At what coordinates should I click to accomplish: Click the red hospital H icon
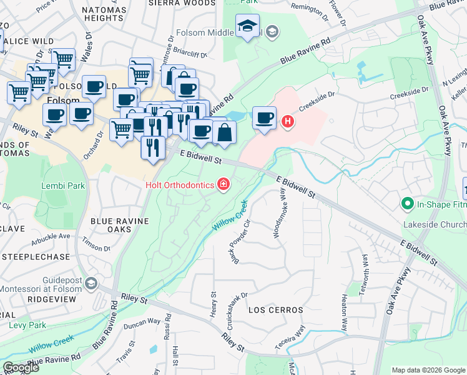[x=287, y=121]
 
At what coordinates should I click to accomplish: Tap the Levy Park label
[x=27, y=325]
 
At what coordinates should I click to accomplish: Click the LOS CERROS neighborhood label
[x=275, y=310]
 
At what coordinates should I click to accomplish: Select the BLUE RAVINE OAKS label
[x=119, y=225]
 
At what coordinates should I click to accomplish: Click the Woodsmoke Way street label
[x=278, y=213]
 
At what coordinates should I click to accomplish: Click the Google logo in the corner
[x=21, y=367]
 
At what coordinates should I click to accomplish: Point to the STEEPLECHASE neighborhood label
[x=30, y=256]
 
